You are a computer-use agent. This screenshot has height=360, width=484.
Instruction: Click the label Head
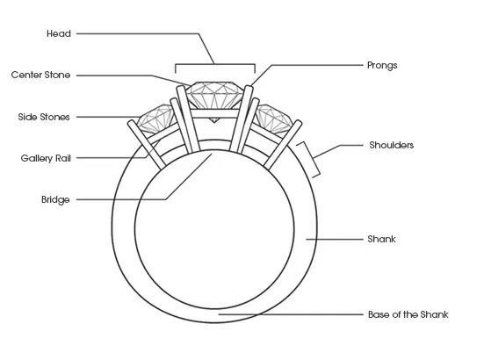point(59,33)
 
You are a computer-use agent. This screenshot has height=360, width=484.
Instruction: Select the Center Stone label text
point(40,75)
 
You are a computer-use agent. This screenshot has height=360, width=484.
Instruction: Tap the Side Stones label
point(44,117)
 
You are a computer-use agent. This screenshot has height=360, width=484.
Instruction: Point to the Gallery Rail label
point(46,158)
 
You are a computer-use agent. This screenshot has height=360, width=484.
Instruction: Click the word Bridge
point(55,199)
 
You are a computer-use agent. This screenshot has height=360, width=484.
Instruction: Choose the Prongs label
point(382,65)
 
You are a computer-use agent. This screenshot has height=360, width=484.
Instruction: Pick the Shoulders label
point(392,145)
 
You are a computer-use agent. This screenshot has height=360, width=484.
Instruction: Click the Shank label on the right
point(381,239)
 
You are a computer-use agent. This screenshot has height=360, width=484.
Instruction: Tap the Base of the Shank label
point(408,314)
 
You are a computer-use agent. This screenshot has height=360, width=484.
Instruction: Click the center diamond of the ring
point(214,96)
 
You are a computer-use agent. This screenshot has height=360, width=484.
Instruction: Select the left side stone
point(155,119)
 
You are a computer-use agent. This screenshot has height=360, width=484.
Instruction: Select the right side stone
point(273,119)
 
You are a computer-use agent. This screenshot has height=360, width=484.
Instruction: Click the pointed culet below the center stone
point(214,119)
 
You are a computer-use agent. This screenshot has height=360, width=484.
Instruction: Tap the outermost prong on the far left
point(147,145)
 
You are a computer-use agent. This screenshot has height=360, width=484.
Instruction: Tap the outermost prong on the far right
point(283,145)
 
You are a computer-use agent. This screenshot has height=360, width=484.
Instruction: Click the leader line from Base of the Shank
point(291,314)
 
